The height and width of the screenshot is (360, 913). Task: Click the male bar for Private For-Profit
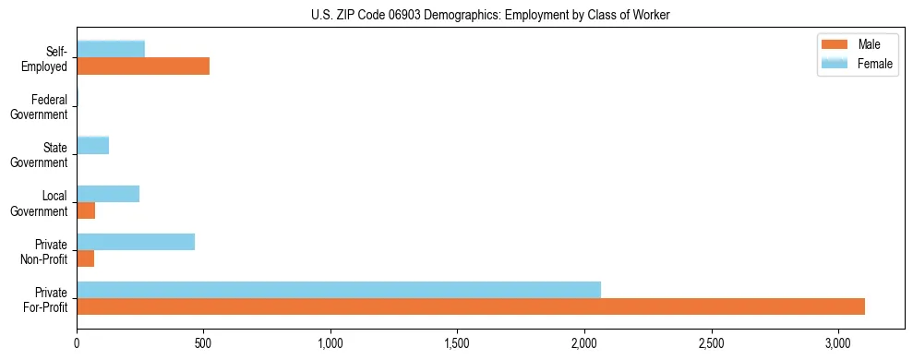coord(471,306)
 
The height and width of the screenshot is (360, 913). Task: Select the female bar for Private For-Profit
coord(339,290)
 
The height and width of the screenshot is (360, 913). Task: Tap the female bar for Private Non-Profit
coord(136,242)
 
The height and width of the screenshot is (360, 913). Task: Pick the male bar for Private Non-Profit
coord(86,258)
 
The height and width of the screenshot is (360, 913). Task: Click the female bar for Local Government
coord(108,194)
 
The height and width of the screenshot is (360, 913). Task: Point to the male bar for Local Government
coord(86,210)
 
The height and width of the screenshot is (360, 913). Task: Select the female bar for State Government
coord(93,145)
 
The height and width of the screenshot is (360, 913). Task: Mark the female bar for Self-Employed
coord(111,49)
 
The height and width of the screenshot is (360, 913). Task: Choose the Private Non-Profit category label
coord(44,251)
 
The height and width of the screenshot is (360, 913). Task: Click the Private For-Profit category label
coord(44,299)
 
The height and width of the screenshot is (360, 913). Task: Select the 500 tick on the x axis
coord(204,342)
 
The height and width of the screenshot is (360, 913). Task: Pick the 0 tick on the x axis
coord(78,342)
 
